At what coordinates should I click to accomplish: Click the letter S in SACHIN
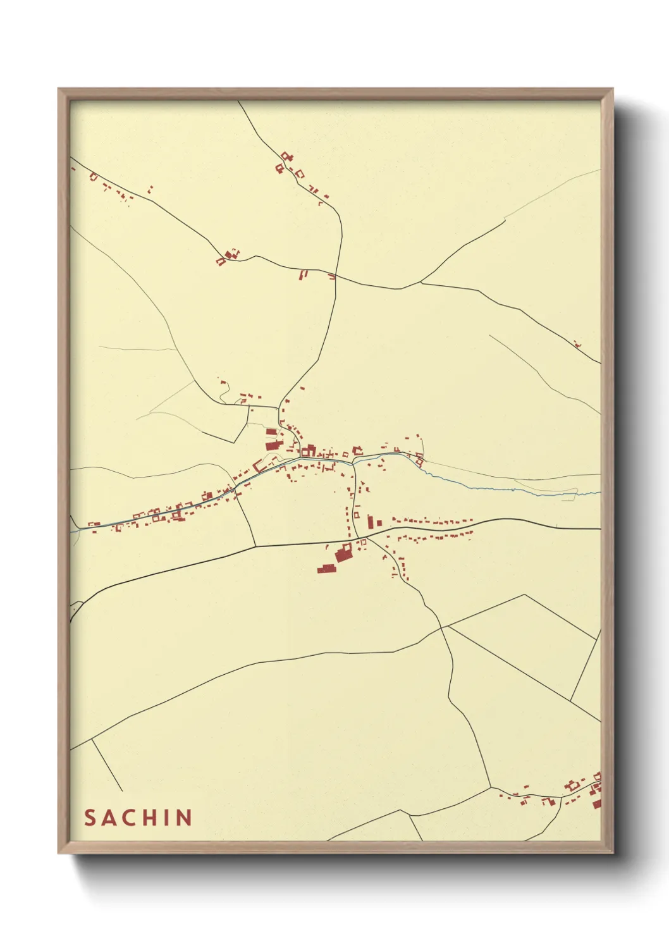(90, 818)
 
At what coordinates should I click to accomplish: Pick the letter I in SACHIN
(171, 818)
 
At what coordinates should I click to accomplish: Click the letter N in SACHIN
(185, 818)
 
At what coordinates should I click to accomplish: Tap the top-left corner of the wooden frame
(59, 89)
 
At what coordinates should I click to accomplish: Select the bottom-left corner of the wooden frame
(59, 853)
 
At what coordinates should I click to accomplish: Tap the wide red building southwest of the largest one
(326, 569)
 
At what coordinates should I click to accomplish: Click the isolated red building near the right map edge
(577, 345)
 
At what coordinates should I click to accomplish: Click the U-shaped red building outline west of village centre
(259, 467)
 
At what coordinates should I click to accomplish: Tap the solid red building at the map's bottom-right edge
(598, 803)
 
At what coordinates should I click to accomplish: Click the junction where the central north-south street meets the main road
(358, 539)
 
